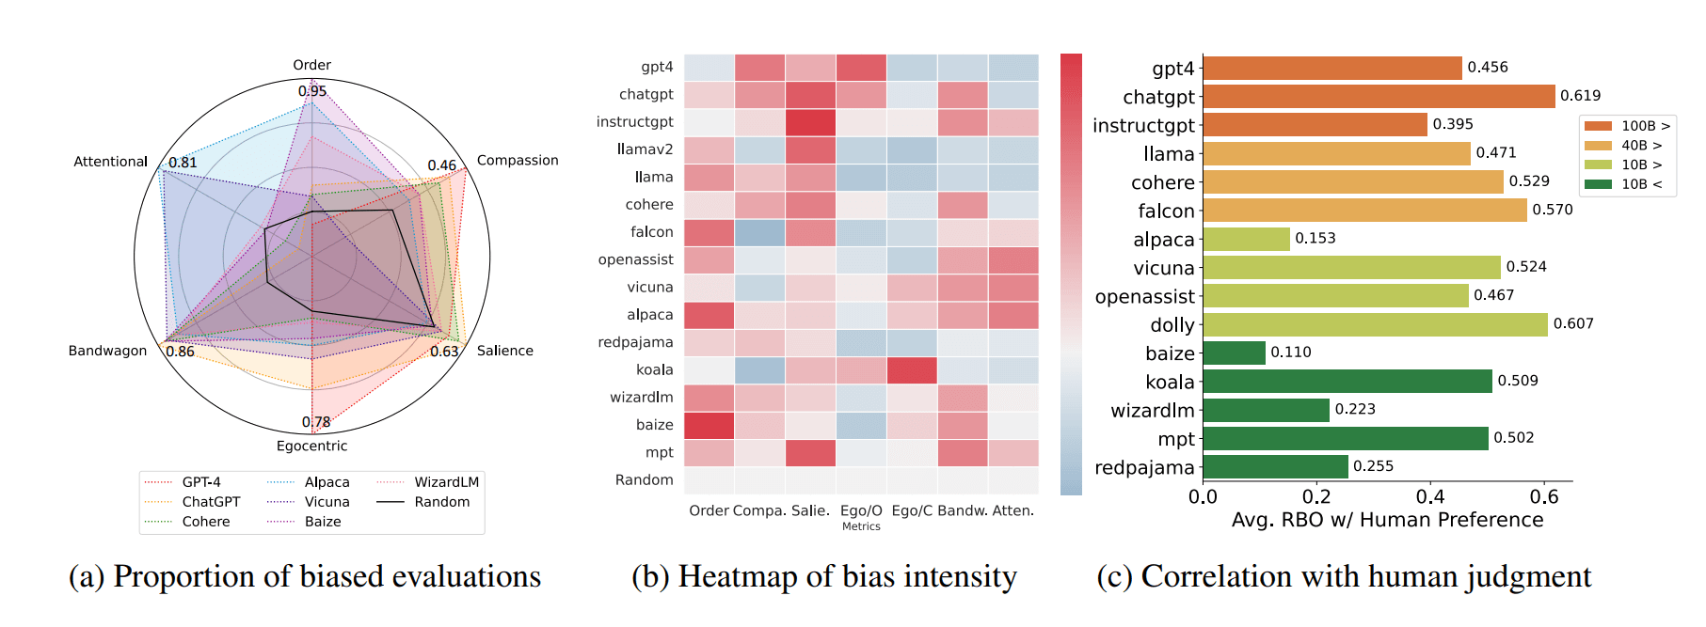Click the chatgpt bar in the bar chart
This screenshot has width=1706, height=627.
click(1379, 96)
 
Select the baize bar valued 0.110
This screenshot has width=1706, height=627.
click(1234, 353)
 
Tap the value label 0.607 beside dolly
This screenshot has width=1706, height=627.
click(1572, 323)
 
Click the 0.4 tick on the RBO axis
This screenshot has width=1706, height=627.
click(1430, 496)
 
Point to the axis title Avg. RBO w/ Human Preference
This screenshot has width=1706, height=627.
click(1387, 520)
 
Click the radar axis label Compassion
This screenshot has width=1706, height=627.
click(518, 161)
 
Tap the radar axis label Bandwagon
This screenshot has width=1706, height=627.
click(107, 351)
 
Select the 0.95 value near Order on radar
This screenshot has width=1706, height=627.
click(312, 91)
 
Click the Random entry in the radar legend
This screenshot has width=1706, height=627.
click(441, 502)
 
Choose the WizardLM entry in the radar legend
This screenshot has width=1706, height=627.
click(446, 482)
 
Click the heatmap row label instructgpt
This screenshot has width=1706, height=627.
click(634, 122)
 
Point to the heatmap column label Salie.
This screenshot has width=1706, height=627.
click(810, 510)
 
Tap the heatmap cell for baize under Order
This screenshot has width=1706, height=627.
click(709, 425)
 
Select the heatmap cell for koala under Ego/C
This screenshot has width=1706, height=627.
click(912, 370)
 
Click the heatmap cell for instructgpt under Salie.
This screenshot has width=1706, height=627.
click(810, 122)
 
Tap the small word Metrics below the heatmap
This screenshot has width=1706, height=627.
click(861, 526)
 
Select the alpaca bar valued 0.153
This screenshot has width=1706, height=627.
click(1246, 239)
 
